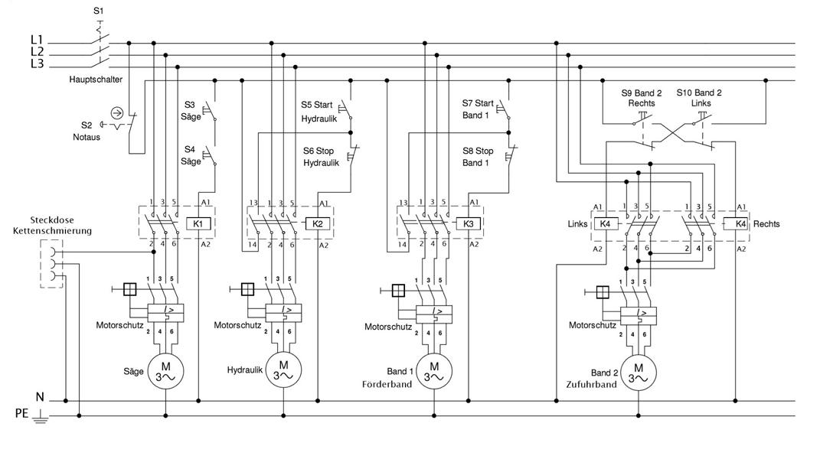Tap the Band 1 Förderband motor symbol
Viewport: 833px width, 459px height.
click(433, 370)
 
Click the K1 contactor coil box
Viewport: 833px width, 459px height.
click(198, 223)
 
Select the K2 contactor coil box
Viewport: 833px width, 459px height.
click(318, 223)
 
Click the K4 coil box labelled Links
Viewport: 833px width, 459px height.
click(605, 223)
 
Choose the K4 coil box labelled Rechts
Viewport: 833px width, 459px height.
click(740, 223)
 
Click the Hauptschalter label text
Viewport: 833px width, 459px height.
click(96, 80)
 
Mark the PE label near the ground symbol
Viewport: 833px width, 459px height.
click(22, 414)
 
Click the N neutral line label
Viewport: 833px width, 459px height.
click(39, 397)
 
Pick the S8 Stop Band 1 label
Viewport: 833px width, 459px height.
click(478, 157)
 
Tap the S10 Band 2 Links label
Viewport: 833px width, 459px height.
click(699, 97)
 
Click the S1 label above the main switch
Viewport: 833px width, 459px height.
click(97, 11)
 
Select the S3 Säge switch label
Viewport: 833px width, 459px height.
click(191, 111)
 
